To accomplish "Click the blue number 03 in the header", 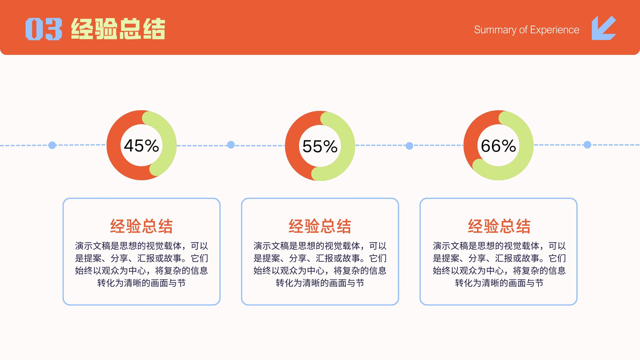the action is (x=44, y=29).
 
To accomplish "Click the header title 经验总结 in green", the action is (x=118, y=28).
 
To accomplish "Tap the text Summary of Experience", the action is (x=526, y=30).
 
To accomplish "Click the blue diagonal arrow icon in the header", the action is (x=604, y=28).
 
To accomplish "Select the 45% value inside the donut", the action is (x=142, y=146).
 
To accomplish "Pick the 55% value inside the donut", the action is (x=320, y=146).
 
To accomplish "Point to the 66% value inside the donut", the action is (x=498, y=146).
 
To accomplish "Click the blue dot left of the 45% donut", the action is (x=52, y=145).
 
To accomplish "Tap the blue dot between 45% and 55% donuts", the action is (x=231, y=145).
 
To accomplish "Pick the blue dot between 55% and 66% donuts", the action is (x=410, y=146).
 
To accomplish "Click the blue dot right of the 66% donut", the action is (x=588, y=145).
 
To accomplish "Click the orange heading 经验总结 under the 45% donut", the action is (x=142, y=226).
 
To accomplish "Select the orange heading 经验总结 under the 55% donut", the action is (x=320, y=226).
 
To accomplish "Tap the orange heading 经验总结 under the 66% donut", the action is (x=499, y=226).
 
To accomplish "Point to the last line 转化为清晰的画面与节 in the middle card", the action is (x=320, y=283).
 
